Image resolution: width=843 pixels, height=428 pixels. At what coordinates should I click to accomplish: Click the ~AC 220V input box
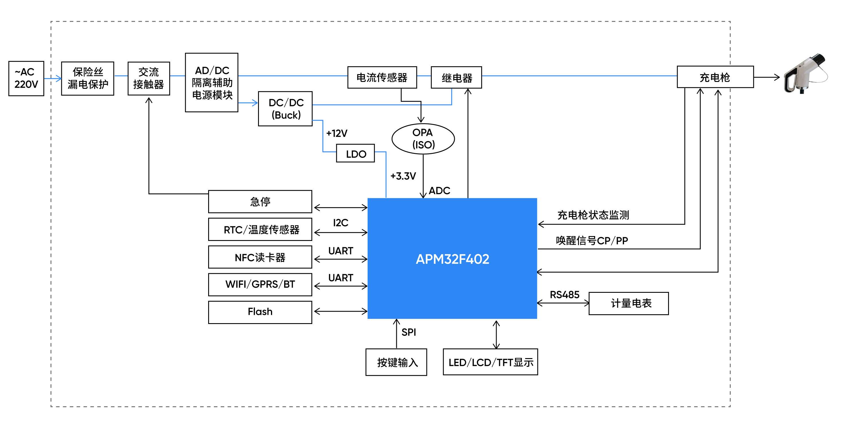coord(26,78)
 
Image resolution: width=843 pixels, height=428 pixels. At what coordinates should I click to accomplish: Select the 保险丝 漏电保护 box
coord(88,78)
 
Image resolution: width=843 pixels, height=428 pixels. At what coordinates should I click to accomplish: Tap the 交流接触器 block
coord(149,78)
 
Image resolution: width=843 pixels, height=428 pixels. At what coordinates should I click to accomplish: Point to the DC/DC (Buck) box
coord(285,109)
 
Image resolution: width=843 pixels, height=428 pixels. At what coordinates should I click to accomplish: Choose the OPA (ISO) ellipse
coord(423,139)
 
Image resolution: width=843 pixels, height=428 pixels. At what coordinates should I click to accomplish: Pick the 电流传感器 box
coord(382,77)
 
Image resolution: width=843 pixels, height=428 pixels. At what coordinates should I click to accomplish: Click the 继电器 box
coord(456,77)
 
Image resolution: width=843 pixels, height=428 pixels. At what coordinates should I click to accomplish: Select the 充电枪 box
coord(715,77)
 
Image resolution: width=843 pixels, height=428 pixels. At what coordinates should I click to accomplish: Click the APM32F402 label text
coord(452,259)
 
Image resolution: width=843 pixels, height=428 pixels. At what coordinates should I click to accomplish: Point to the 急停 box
coord(260,201)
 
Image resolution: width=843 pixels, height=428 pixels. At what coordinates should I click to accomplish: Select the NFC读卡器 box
coord(260,257)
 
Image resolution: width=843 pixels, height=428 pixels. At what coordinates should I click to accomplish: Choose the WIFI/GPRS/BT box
coord(260,284)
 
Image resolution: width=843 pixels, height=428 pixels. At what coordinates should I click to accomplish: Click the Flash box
coord(260,312)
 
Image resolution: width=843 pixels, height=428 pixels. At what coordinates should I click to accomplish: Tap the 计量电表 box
coord(629,303)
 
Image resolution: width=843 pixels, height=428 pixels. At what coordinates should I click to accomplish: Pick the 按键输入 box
coord(396,362)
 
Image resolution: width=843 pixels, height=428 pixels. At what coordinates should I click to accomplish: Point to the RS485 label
coord(565,295)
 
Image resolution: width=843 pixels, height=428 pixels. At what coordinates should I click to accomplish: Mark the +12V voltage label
coord(337,133)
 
